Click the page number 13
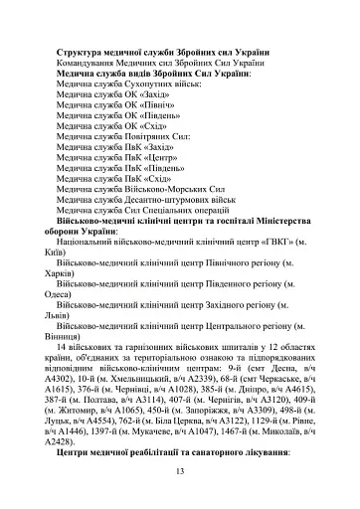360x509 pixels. (x=179, y=470)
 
